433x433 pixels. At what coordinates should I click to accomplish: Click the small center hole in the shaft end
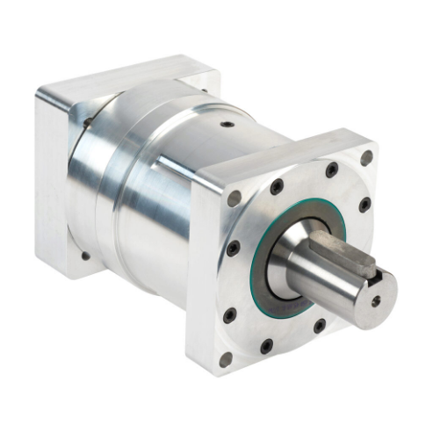tap(376, 300)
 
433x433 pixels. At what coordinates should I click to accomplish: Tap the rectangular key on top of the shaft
tap(343, 255)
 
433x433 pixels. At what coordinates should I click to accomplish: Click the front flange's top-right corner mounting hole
tap(366, 158)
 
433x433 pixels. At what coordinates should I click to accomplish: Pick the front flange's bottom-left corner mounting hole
tap(226, 358)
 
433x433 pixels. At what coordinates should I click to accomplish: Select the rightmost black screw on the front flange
tap(364, 205)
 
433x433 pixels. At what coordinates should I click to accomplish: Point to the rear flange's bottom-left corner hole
tap(85, 256)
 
